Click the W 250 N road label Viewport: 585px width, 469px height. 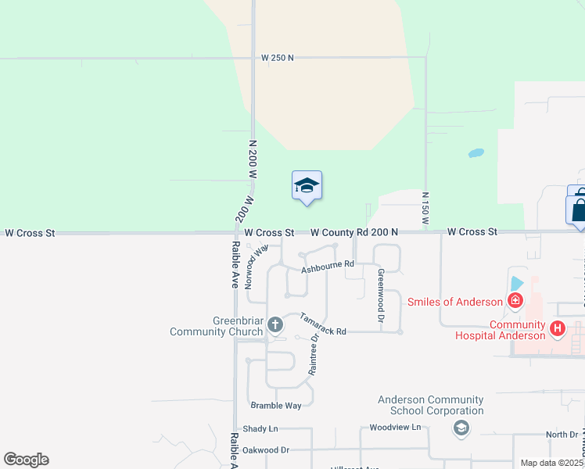[278, 58]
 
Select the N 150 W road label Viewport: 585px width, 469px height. [425, 209]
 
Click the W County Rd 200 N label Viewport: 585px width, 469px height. [354, 233]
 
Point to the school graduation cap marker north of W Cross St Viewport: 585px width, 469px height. [307, 186]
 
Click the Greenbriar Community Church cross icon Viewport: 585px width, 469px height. [275, 324]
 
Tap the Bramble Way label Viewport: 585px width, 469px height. [275, 406]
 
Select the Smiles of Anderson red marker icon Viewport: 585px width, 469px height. [515, 300]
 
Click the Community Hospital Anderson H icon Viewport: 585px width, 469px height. [557, 328]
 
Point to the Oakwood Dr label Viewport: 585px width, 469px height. [266, 450]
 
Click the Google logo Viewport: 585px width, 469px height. [26, 460]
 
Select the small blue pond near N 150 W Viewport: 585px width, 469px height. [476, 152]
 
